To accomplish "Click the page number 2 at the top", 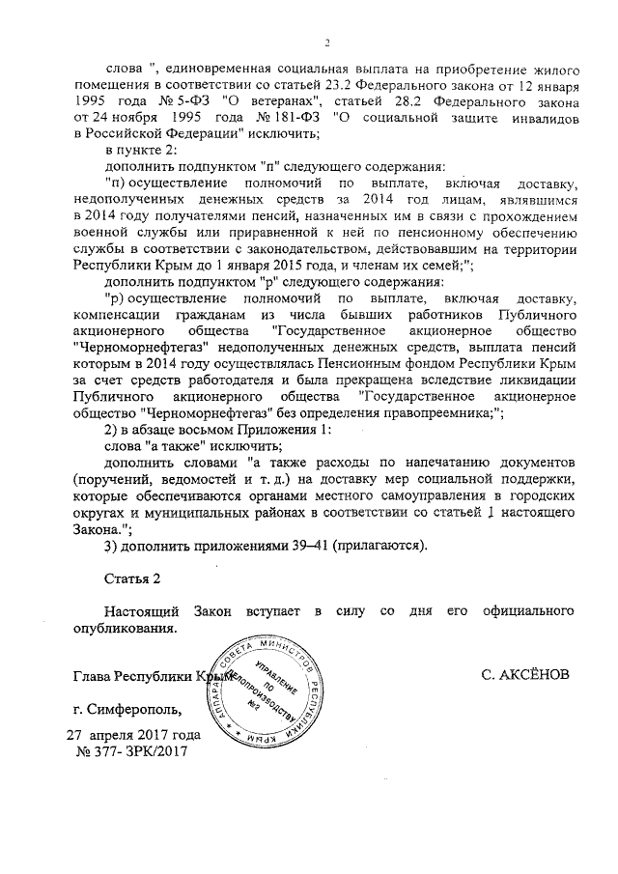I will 327,42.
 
